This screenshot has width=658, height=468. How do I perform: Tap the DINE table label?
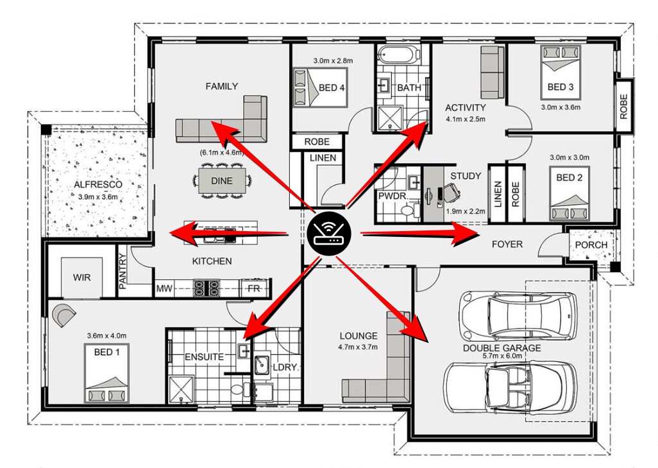point(221,181)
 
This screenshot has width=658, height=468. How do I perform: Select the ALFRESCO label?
point(97,184)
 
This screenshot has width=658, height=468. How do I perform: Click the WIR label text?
point(81,278)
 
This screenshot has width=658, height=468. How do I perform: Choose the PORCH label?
point(591,245)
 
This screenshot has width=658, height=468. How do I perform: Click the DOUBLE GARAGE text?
point(502,348)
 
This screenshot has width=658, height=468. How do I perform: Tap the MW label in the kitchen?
point(164,289)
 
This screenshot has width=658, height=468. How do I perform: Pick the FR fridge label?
point(254,289)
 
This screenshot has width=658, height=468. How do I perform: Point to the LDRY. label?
point(286,367)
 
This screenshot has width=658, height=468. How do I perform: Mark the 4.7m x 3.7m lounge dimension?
point(358,347)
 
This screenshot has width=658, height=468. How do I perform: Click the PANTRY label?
point(122,271)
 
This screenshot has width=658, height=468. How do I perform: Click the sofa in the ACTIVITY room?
point(493,73)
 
